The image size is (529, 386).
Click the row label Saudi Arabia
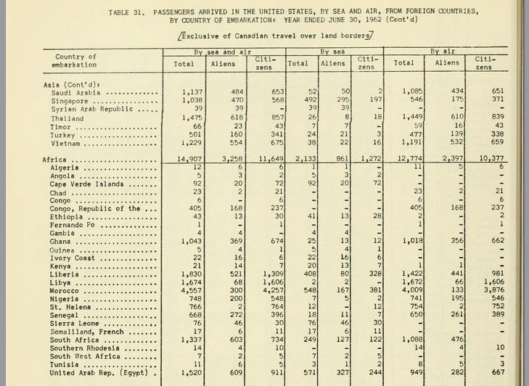pyautogui.click(x=75, y=92)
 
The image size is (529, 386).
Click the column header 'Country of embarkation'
pyautogui.click(x=75, y=61)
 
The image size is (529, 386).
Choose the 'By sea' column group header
pyautogui.click(x=334, y=52)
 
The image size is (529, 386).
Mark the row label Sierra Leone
pyautogui.click(x=75, y=324)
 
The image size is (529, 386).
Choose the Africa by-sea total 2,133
pyautogui.click(x=298, y=159)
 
